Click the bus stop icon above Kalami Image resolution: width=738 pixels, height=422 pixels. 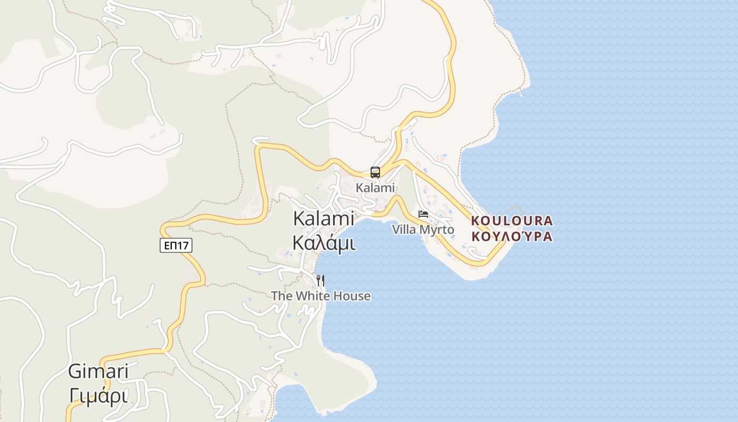(375, 172)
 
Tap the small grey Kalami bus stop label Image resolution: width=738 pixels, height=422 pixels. (375, 188)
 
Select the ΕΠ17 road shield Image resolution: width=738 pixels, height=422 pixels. (176, 245)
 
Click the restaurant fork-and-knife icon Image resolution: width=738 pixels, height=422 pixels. (321, 280)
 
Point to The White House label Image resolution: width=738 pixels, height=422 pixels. (321, 296)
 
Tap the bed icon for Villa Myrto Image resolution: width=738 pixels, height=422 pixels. (423, 214)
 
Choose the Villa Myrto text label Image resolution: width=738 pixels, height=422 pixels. (423, 229)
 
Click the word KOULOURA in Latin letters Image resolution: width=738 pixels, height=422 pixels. (512, 220)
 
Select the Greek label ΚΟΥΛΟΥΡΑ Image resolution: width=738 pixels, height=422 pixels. (512, 236)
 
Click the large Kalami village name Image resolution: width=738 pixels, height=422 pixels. (323, 218)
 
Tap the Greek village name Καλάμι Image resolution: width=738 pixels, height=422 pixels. (323, 243)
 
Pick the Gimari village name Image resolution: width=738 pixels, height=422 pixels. (98, 371)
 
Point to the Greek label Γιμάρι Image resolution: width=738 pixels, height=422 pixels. (98, 396)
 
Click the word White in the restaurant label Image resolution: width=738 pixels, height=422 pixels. (312, 296)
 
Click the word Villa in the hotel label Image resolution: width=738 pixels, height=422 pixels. (404, 229)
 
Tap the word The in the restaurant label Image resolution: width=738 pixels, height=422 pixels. (281, 296)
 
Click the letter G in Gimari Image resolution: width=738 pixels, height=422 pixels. (75, 371)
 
